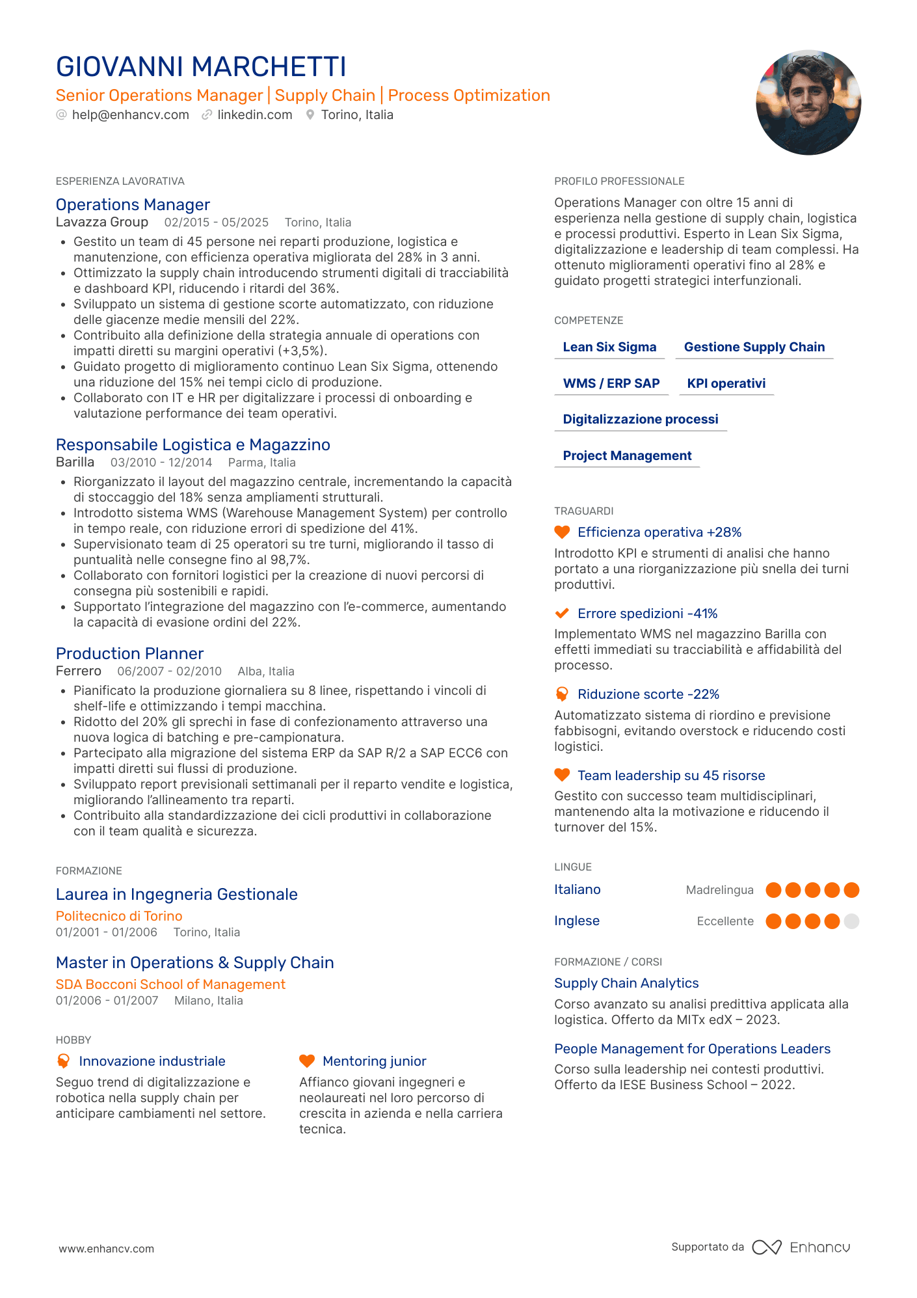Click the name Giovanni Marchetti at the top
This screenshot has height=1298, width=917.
click(201, 67)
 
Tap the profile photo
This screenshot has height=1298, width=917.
click(808, 103)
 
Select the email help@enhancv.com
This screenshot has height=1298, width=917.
click(130, 115)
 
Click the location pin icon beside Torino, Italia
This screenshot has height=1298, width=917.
click(310, 115)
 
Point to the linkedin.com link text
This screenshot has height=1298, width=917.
click(254, 115)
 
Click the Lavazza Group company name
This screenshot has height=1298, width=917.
click(102, 223)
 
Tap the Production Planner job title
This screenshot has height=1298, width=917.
click(129, 654)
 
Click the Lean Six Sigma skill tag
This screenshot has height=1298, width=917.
click(609, 347)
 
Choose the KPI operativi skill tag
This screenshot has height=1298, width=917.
click(726, 384)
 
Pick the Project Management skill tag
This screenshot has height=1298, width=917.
click(627, 456)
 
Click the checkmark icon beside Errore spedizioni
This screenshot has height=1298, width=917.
click(562, 614)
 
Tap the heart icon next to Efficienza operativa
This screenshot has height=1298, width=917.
click(562, 532)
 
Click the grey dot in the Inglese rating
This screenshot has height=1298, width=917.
click(851, 921)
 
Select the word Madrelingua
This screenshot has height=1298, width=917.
click(719, 890)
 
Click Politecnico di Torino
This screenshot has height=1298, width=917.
click(119, 916)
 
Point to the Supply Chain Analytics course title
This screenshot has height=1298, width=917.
click(626, 983)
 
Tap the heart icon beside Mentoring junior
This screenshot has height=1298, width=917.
click(307, 1061)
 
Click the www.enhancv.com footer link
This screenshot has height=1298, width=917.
click(107, 1249)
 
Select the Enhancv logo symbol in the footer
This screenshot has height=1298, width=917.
click(766, 1247)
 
